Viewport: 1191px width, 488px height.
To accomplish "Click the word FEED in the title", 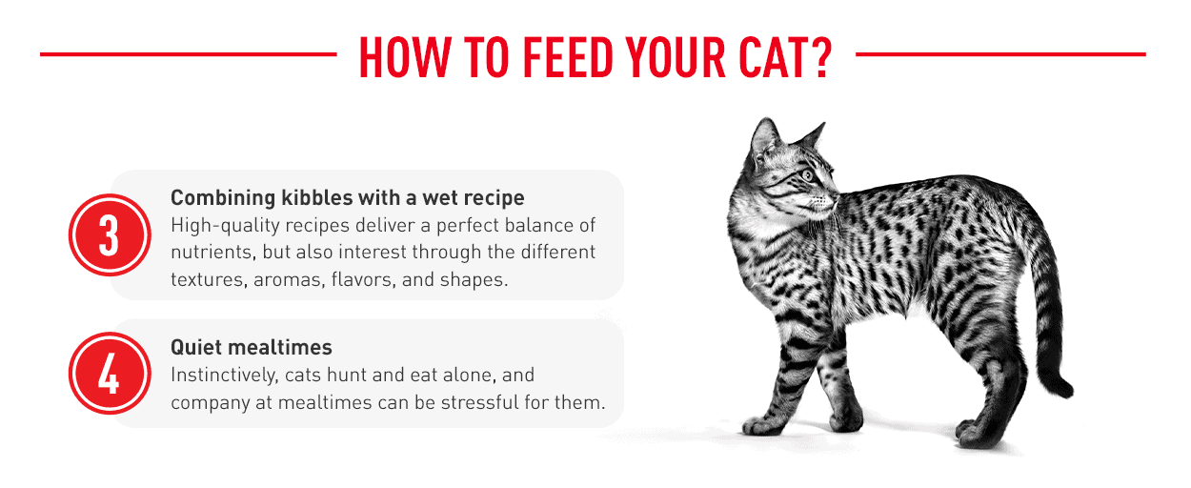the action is pos(568,57).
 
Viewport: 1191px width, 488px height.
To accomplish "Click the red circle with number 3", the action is pos(110,235).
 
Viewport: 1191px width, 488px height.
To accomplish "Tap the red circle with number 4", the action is pos(110,374).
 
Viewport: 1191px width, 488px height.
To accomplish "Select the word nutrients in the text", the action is pos(212,253).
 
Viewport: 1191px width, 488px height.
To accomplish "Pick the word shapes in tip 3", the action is pos(474,280).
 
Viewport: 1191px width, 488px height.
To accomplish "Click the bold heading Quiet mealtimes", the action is pos(252,348).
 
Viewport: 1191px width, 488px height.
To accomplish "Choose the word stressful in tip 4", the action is pos(479,402).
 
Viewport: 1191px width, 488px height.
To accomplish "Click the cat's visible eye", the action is pos(808,174).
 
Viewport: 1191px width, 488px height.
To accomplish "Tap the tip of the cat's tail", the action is pos(1068,392).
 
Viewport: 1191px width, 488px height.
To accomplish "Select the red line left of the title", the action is pos(189,53).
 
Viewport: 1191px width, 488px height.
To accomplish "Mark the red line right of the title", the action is pos(1000,53).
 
